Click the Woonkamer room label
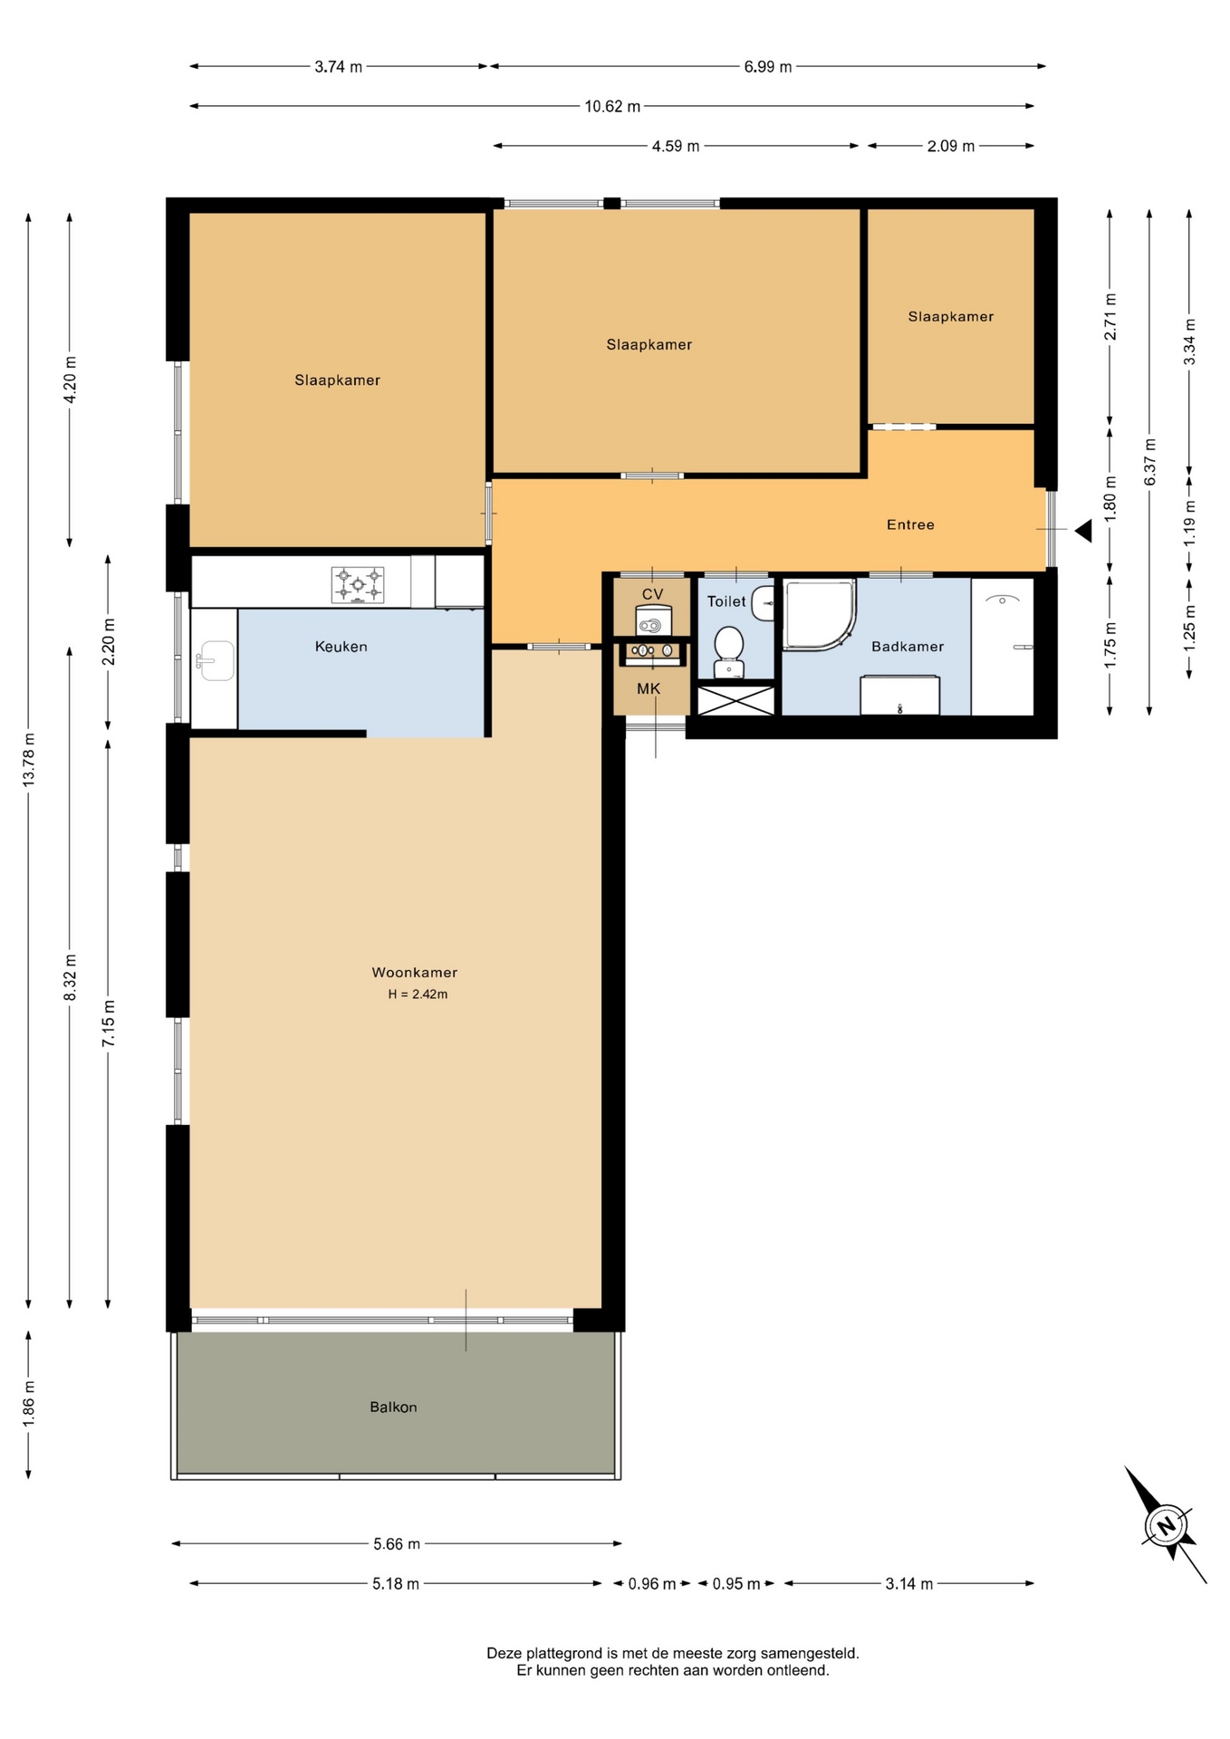[x=414, y=972]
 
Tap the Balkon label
[x=393, y=1407]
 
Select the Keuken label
[x=341, y=646]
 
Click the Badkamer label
[x=908, y=646]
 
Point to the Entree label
[x=910, y=524]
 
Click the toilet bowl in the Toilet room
[x=729, y=652]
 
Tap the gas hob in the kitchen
[x=358, y=585]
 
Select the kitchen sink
[x=215, y=660]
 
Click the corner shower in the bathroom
[x=819, y=615]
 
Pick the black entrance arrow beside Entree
[x=1084, y=531]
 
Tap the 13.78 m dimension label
[x=29, y=761]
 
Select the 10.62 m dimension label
[x=612, y=106]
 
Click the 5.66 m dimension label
[x=397, y=1543]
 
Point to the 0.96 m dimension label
[x=652, y=1583]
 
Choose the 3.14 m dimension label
[x=909, y=1583]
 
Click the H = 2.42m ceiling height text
[x=418, y=994]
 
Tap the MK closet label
[x=649, y=688]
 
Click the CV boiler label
[x=652, y=594]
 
